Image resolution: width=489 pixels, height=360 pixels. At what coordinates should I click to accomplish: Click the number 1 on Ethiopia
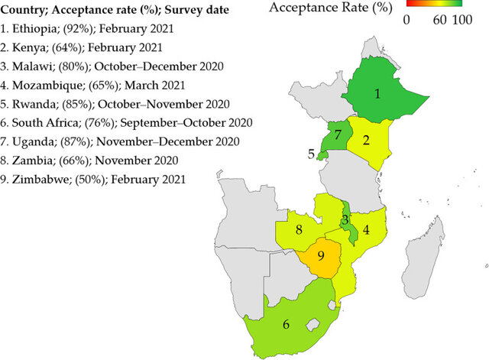tap(376, 95)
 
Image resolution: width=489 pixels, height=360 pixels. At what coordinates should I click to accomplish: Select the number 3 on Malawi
tap(345, 221)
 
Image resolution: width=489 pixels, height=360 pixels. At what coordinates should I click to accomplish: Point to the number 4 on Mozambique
tap(366, 229)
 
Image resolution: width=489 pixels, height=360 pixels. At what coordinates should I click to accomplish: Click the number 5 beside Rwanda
tap(311, 154)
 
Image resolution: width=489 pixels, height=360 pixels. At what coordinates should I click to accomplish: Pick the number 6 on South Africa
tap(286, 324)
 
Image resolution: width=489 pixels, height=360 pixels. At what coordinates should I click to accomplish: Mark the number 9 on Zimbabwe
tap(321, 256)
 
